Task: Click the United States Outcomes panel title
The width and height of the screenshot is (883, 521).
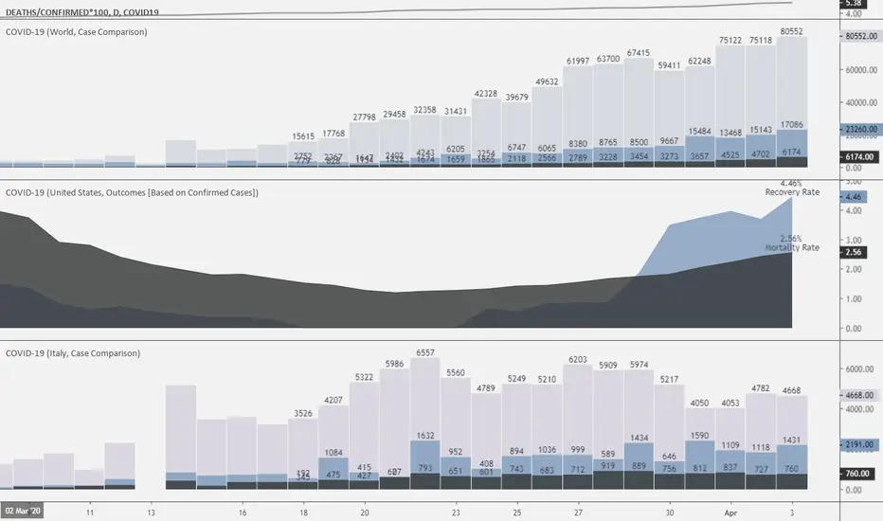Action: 133,192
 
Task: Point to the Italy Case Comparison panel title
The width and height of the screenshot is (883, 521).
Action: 73,353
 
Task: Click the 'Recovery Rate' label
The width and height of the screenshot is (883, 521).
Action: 792,192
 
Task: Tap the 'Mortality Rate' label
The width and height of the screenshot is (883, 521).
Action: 792,247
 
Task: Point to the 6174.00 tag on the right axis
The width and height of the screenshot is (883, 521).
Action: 859,156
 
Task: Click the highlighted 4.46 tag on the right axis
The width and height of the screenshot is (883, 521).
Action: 852,198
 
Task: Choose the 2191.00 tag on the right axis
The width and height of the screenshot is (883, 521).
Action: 859,443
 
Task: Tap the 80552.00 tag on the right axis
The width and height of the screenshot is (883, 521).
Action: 859,36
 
